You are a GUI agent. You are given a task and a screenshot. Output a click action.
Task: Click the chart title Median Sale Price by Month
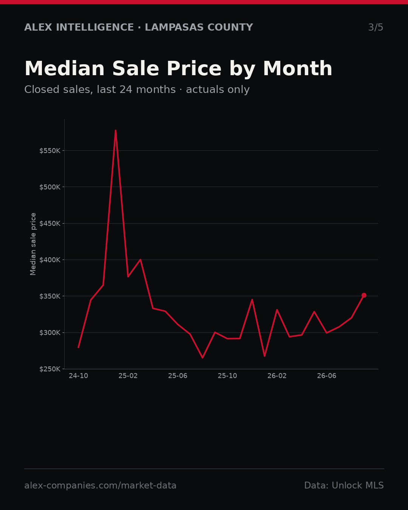pyautogui.click(x=178, y=69)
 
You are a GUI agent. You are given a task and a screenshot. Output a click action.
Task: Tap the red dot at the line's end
pyautogui.click(x=364, y=295)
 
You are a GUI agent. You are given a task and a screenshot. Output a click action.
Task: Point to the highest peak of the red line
pyautogui.click(x=116, y=130)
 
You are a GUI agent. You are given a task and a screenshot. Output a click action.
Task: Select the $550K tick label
pyautogui.click(x=50, y=151)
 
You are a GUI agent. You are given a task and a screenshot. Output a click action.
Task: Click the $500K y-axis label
pyautogui.click(x=50, y=187)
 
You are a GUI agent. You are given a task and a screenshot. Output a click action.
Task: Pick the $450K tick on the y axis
pyautogui.click(x=50, y=224)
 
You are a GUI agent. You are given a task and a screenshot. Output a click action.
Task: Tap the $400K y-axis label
pyautogui.click(x=50, y=260)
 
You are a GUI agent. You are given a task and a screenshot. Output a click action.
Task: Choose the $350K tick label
pyautogui.click(x=50, y=296)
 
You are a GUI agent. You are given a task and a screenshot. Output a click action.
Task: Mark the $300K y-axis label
pyautogui.click(x=50, y=333)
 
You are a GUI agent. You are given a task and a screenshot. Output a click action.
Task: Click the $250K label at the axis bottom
pyautogui.click(x=50, y=369)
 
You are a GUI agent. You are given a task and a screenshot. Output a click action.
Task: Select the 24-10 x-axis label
pyautogui.click(x=79, y=376)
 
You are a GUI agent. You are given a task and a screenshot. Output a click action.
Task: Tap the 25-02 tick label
pyautogui.click(x=128, y=376)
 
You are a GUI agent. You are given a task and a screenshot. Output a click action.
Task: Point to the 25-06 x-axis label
pyautogui.click(x=178, y=376)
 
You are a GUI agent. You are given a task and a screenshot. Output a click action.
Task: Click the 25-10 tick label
pyautogui.click(x=227, y=376)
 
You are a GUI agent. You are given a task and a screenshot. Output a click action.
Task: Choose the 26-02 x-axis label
pyautogui.click(x=277, y=376)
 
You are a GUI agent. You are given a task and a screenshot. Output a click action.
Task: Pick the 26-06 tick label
pyautogui.click(x=327, y=376)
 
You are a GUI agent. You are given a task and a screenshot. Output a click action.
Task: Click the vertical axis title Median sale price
pyautogui.click(x=33, y=244)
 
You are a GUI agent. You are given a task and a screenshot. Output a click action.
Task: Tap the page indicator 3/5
pyautogui.click(x=376, y=27)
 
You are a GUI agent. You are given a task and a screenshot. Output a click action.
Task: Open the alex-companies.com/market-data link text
pyautogui.click(x=100, y=485)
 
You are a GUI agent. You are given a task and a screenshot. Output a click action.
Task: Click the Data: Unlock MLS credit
pyautogui.click(x=344, y=485)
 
